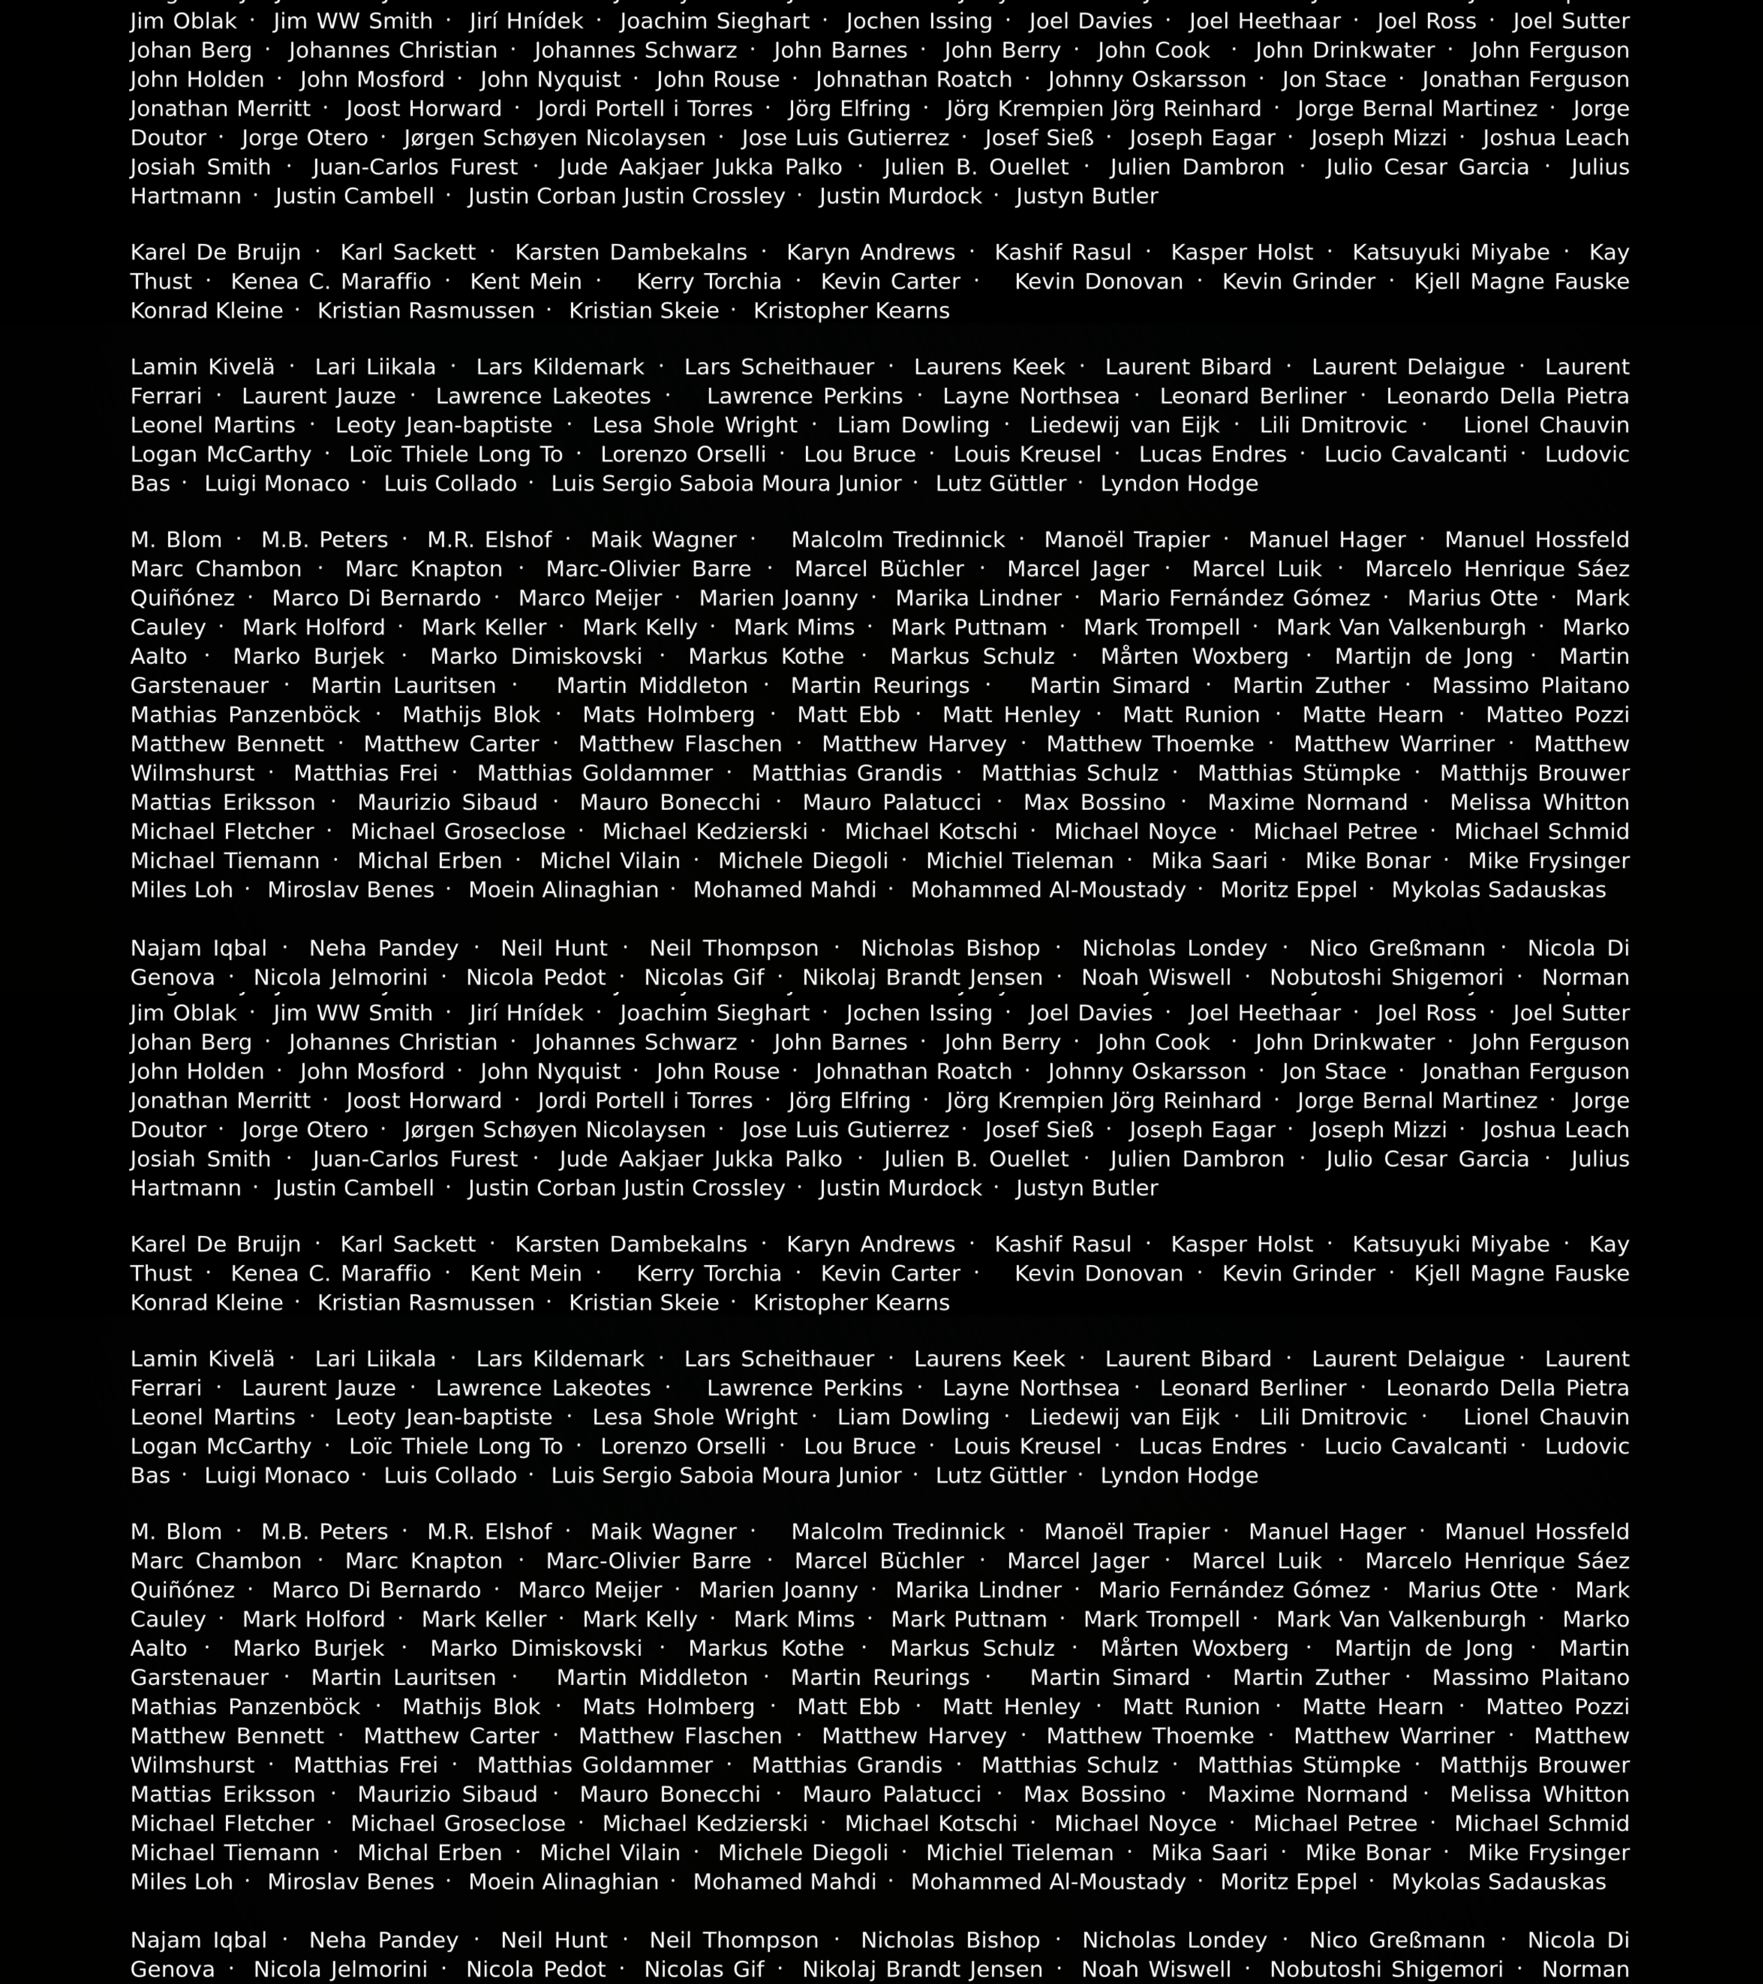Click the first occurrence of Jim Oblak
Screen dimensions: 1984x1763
(183, 21)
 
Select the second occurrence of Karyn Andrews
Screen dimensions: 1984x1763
(870, 1244)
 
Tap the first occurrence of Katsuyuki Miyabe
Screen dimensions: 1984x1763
(1451, 252)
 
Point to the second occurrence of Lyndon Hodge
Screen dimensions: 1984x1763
(1179, 1475)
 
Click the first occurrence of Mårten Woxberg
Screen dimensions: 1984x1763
(1194, 656)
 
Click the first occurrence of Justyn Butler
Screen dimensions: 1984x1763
(1087, 196)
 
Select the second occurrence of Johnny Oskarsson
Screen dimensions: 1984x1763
(1147, 1072)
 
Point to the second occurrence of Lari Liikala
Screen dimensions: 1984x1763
(376, 1359)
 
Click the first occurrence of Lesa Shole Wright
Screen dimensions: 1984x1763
(695, 425)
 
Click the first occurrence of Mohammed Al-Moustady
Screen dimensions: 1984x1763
(1048, 890)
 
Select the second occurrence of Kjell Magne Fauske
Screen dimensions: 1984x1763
(1521, 1273)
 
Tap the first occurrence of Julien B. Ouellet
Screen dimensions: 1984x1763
(976, 167)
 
